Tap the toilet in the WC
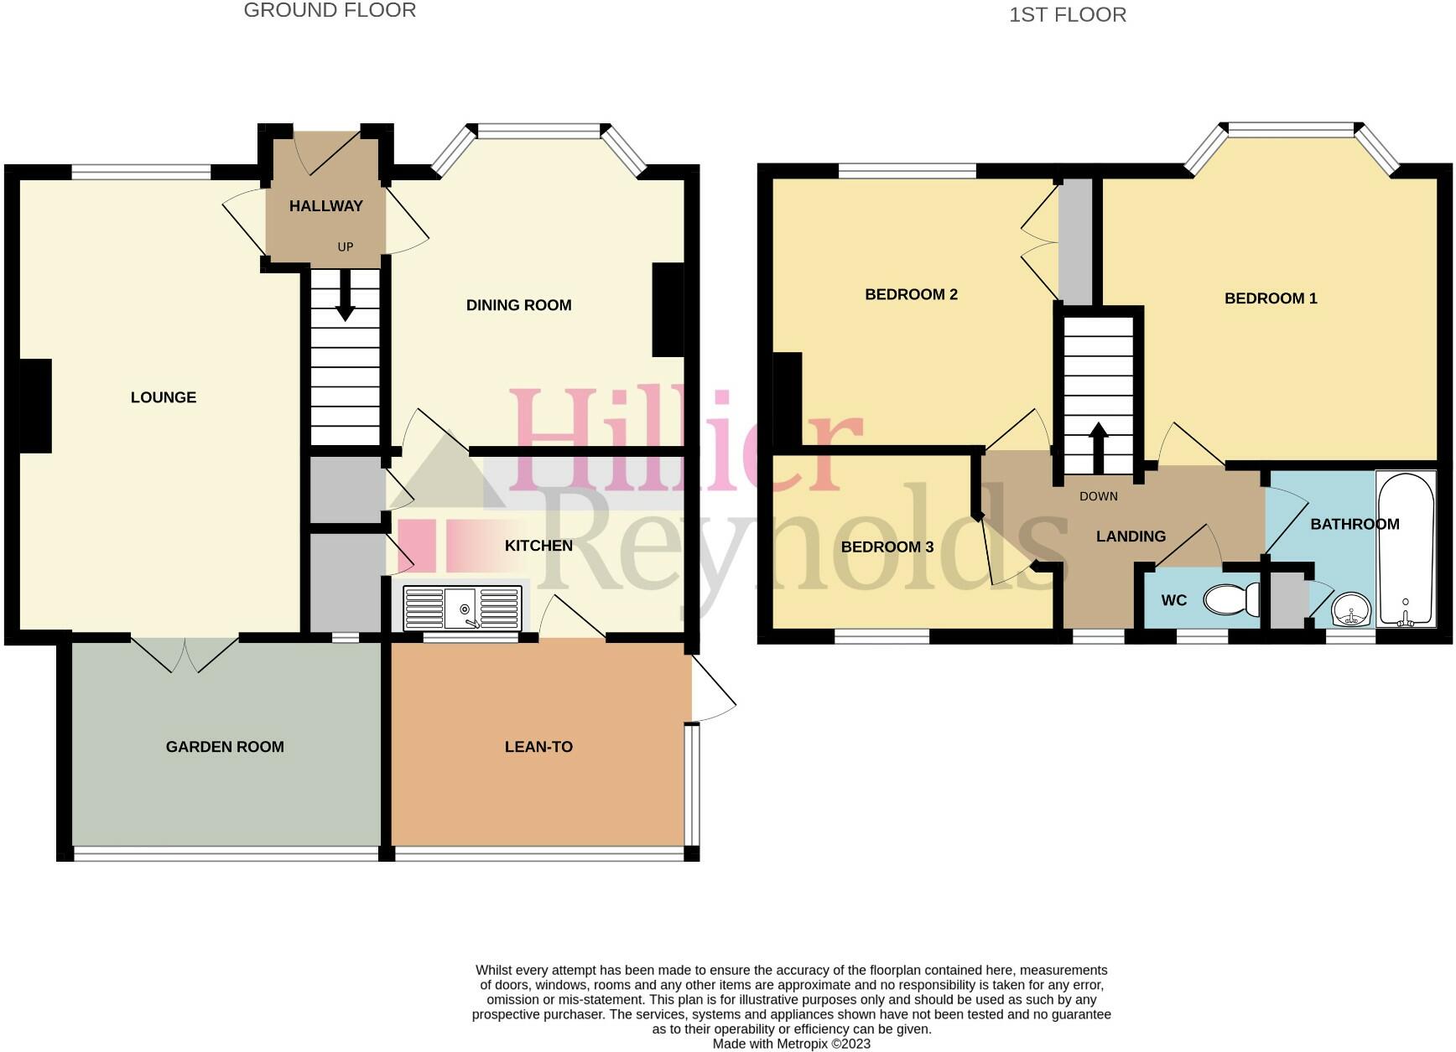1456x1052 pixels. [1230, 600]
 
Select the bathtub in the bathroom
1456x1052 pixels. [1406, 550]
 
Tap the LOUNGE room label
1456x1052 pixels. [164, 397]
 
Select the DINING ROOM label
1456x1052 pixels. [518, 305]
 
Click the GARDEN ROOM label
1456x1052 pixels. [225, 747]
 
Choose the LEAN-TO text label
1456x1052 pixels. [538, 747]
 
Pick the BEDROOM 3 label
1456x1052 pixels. [887, 547]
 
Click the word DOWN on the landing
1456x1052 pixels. [1098, 496]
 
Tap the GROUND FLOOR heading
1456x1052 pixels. [330, 11]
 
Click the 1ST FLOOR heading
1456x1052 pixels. [1067, 15]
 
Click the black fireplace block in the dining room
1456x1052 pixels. [668, 310]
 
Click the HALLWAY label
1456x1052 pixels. [325, 206]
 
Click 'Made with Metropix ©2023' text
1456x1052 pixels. [791, 1044]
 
